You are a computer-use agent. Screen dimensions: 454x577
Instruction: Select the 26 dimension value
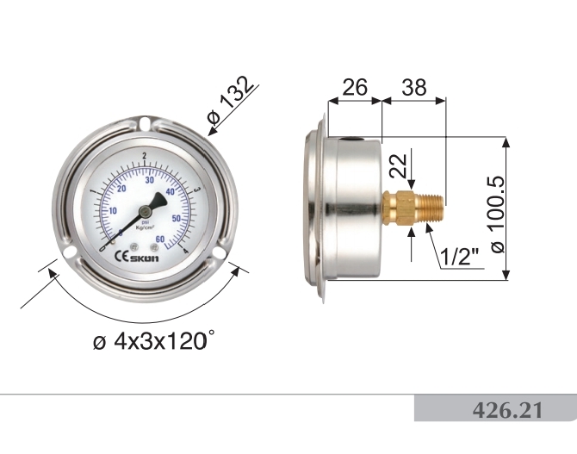click(354, 87)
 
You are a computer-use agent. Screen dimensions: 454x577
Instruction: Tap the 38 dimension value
click(414, 87)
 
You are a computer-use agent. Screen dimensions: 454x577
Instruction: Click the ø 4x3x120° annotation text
click(152, 341)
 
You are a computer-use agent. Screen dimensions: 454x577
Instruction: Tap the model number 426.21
click(507, 410)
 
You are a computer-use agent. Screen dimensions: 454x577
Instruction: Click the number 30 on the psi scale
click(151, 180)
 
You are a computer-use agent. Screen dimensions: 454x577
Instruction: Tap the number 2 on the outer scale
click(144, 156)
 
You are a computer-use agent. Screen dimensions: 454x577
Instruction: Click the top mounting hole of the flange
click(144, 129)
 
